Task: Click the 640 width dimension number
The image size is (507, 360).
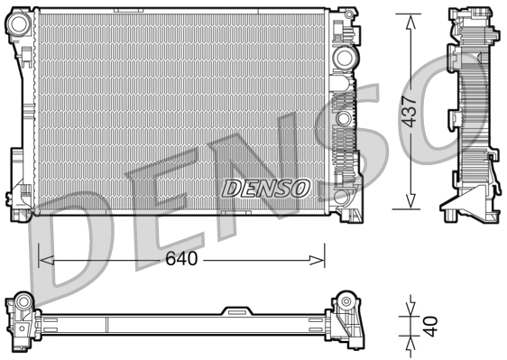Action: [x=180, y=260]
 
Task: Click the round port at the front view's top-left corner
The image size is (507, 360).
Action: [x=19, y=22]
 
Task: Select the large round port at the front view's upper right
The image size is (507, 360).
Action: [x=343, y=57]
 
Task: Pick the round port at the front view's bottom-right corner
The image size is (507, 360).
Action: [x=341, y=196]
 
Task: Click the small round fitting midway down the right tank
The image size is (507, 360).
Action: [x=343, y=118]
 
